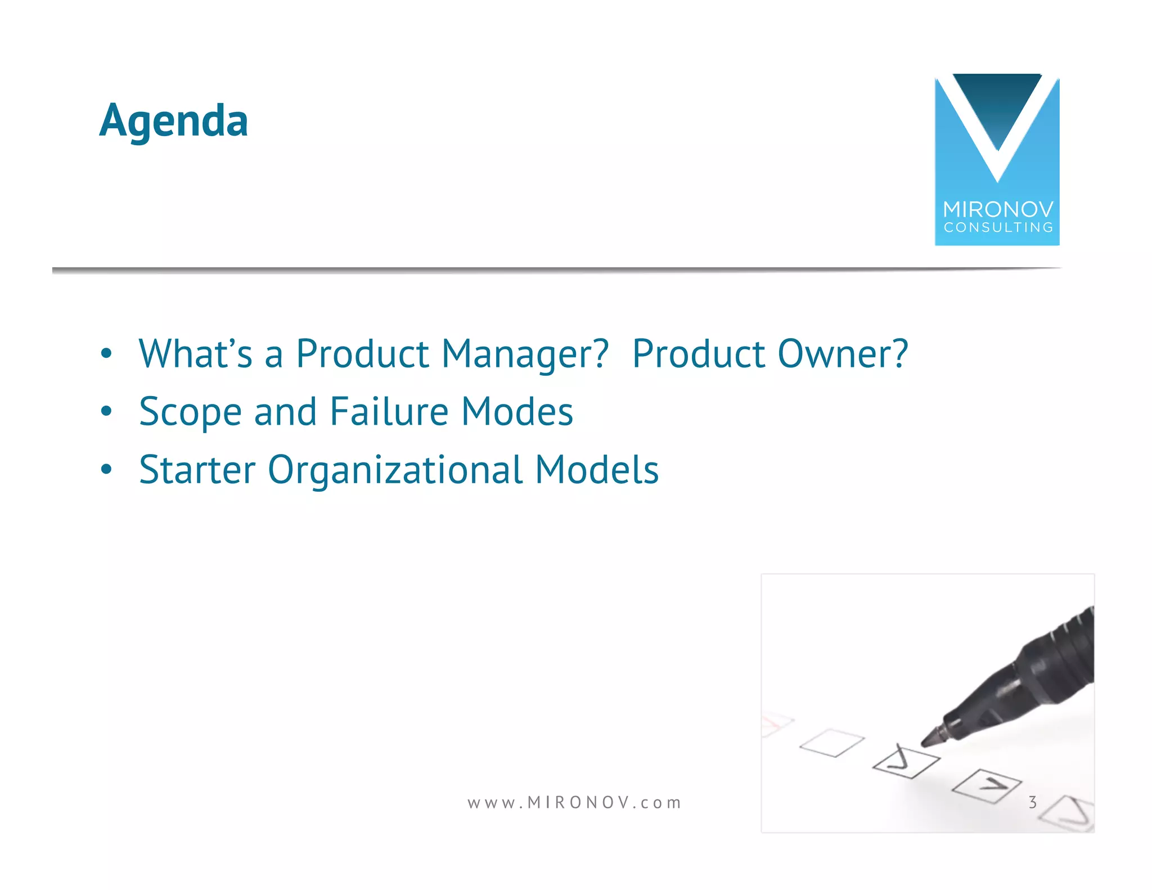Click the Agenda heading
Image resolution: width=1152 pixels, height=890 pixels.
pyautogui.click(x=173, y=120)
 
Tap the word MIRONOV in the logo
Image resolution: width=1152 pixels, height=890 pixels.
pyautogui.click(x=998, y=210)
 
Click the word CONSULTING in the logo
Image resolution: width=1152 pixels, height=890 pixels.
pyautogui.click(x=998, y=227)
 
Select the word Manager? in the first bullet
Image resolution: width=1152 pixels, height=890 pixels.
pyautogui.click(x=525, y=354)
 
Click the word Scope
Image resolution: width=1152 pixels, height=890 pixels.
pyautogui.click(x=190, y=413)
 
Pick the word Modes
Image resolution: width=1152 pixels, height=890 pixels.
pyautogui.click(x=517, y=412)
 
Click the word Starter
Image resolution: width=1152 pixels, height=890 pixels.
pyautogui.click(x=197, y=470)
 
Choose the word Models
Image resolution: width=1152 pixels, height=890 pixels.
pyautogui.click(x=596, y=470)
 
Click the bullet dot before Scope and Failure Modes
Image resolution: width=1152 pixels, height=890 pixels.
pyautogui.click(x=106, y=412)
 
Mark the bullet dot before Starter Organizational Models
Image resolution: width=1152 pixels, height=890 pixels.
pyautogui.click(x=106, y=469)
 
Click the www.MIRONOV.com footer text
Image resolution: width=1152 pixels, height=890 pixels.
pyautogui.click(x=574, y=802)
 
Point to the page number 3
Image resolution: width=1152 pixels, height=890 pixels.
pyautogui.click(x=1032, y=802)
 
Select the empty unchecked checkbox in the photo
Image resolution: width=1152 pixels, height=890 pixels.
pyautogui.click(x=832, y=743)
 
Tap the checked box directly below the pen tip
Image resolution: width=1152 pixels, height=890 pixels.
pyautogui.click(x=906, y=762)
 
